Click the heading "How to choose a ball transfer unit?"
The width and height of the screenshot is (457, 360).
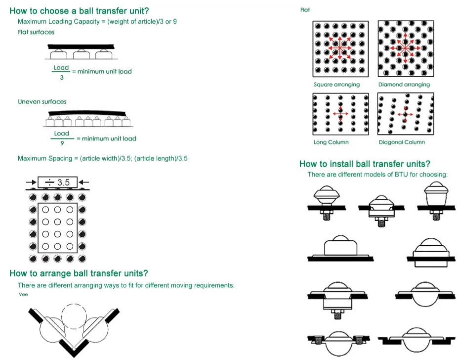coord(79,11)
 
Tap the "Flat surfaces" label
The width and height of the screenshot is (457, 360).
coord(36,32)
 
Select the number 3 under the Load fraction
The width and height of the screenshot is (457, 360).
coord(62,77)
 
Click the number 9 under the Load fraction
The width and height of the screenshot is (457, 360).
coord(62,143)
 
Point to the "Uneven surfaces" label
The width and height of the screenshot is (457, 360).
coord(42,101)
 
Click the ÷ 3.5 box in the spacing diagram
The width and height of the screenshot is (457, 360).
coord(57,182)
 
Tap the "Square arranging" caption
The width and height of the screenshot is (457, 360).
coord(336,85)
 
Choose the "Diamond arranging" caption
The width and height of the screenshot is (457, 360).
coord(404,85)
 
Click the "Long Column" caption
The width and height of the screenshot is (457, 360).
coord(331,142)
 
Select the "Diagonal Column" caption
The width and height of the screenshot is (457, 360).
coord(402,142)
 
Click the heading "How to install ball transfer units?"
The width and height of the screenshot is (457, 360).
coord(365,164)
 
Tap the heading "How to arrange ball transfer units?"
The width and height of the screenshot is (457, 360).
coord(79,273)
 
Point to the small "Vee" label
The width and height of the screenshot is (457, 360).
coord(23,294)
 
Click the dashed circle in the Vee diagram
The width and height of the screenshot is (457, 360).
coord(74,316)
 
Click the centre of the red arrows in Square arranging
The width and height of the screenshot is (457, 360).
coord(340,48)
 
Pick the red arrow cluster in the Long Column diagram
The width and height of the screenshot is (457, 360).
coord(340,113)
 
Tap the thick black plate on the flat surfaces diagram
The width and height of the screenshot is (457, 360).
coord(81,46)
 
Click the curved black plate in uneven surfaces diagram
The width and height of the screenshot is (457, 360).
coord(87,113)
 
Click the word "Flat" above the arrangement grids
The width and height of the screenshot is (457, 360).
coord(305,10)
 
